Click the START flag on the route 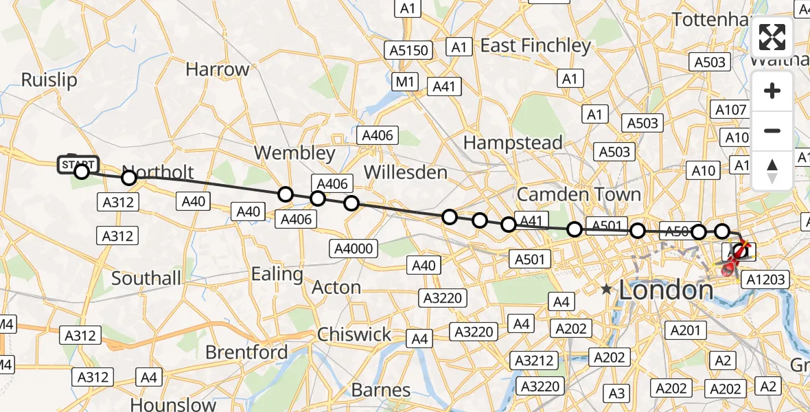(79, 165)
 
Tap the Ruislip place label (49, 80)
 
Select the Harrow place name (218, 69)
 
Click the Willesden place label (405, 172)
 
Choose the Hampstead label (513, 143)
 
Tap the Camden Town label (579, 194)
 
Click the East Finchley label (535, 46)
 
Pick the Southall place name (146, 278)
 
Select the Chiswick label (354, 334)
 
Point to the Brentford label (247, 352)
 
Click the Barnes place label (381, 390)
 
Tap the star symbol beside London (607, 290)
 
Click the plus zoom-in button (772, 91)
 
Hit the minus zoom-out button (772, 130)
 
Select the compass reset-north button (772, 170)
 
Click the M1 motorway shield (406, 82)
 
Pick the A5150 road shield (409, 50)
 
